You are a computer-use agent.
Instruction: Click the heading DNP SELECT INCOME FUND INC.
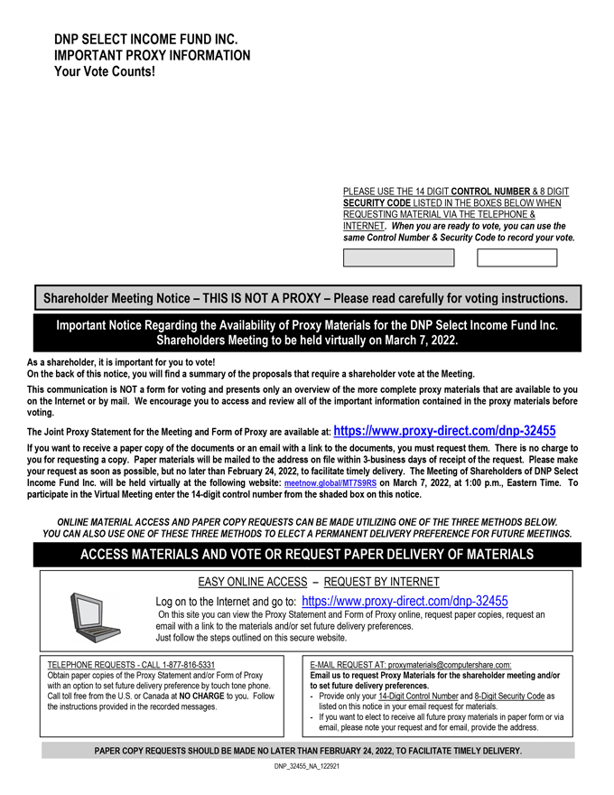coord(146,40)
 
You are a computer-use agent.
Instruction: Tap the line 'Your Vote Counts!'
coord(105,71)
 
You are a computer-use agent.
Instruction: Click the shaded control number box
coord(398,257)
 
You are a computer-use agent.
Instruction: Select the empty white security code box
coord(516,257)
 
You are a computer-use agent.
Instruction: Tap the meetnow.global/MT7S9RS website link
coord(330,484)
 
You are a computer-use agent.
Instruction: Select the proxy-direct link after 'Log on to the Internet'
coord(405,601)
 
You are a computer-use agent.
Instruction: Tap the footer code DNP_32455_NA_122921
coord(307,766)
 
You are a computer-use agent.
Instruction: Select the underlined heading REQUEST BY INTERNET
coord(382,582)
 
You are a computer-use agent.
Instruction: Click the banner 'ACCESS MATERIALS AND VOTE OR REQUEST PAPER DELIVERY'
coord(307,555)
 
